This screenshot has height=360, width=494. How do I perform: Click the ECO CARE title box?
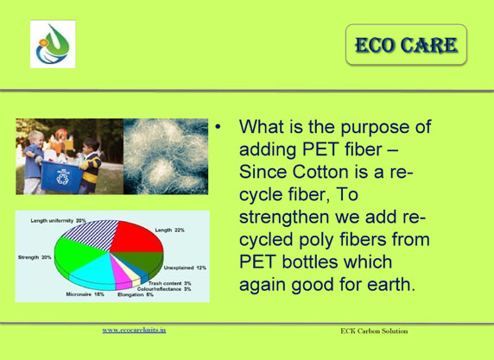click(x=406, y=45)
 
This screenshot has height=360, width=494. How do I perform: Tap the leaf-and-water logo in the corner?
click(x=53, y=44)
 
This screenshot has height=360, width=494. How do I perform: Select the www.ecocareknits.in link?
click(x=134, y=330)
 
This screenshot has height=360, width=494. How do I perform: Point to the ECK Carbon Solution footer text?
click(x=374, y=331)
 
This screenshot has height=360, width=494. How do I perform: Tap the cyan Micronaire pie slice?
click(x=94, y=273)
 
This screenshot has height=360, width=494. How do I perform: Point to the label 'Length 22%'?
click(x=169, y=231)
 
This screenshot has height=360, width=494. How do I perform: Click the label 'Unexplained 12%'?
click(x=185, y=268)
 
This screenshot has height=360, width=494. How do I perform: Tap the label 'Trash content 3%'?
click(x=170, y=283)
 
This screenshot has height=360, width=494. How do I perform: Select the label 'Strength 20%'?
click(x=35, y=257)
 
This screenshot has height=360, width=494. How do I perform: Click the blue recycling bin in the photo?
click(x=61, y=176)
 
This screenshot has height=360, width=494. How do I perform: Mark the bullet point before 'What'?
click(x=218, y=127)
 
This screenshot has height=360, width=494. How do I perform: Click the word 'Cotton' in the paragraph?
click(x=320, y=172)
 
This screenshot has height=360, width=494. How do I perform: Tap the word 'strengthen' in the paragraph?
click(x=284, y=218)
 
